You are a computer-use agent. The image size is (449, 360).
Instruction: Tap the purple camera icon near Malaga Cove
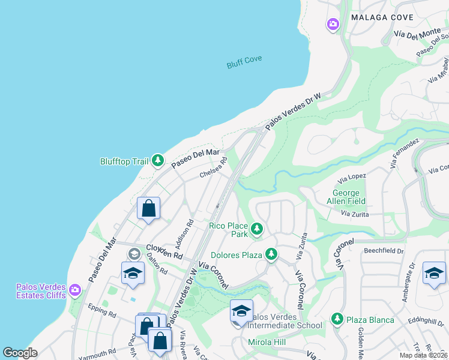click(333, 25)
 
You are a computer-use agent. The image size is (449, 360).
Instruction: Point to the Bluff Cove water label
click(244, 62)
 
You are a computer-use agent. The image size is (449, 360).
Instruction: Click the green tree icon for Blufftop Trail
click(158, 160)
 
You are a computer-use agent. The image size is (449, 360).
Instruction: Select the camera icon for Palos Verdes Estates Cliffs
click(75, 290)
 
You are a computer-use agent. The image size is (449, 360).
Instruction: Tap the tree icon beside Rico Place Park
click(257, 229)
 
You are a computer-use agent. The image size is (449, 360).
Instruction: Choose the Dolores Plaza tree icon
click(271, 255)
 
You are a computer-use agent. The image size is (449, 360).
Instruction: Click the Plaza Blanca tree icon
click(337, 319)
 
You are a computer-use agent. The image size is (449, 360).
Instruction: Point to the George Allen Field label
click(349, 197)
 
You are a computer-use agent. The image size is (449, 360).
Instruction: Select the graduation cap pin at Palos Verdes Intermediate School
click(241, 311)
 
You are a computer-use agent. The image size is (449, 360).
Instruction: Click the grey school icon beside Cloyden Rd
click(134, 254)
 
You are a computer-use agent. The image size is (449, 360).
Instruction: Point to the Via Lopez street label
click(352, 178)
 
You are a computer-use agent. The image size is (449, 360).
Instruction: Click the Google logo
click(20, 353)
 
